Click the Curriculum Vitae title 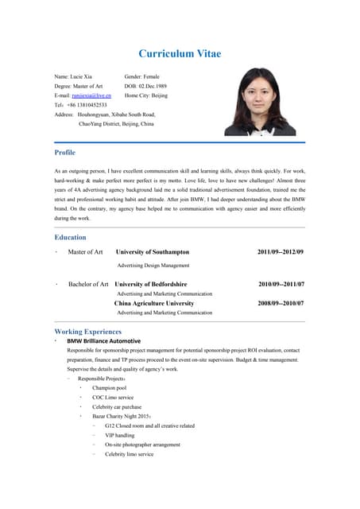180,54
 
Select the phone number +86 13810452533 87,104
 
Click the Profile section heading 64,152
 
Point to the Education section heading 70,237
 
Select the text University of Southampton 153,251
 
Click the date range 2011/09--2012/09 281,251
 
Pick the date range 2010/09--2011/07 281,284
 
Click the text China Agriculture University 154,303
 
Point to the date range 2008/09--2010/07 281,303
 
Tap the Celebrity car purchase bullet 116,406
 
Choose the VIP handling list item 119,435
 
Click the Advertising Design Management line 153,265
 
